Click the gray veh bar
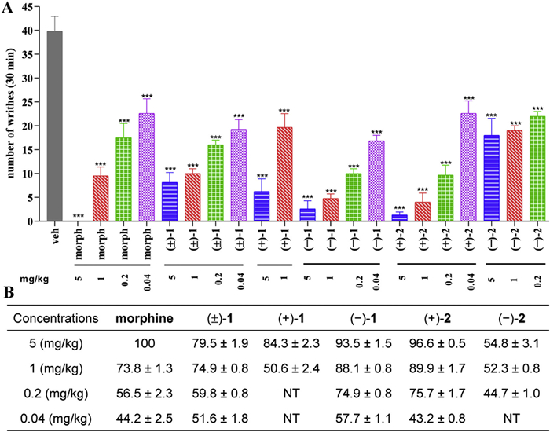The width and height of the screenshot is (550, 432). (x=55, y=126)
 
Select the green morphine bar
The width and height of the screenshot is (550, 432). (x=124, y=180)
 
